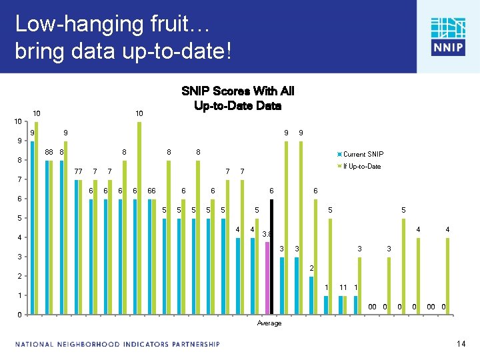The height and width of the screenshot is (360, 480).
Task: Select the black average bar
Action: point(272,257)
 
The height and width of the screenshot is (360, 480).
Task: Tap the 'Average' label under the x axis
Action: point(269,323)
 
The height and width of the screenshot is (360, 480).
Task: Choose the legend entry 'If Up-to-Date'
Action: point(361,166)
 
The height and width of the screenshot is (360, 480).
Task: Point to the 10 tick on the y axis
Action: point(19,121)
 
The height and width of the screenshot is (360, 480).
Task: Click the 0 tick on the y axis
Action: point(20,315)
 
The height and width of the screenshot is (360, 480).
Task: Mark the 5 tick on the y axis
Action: point(20,218)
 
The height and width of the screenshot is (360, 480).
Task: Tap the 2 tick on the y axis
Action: point(20,276)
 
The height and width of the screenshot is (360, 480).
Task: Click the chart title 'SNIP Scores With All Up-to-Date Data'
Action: point(237,98)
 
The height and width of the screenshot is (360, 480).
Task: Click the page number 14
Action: point(460,344)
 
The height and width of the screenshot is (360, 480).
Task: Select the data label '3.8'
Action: point(267,234)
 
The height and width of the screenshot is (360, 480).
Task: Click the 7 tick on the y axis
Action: point(20,179)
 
